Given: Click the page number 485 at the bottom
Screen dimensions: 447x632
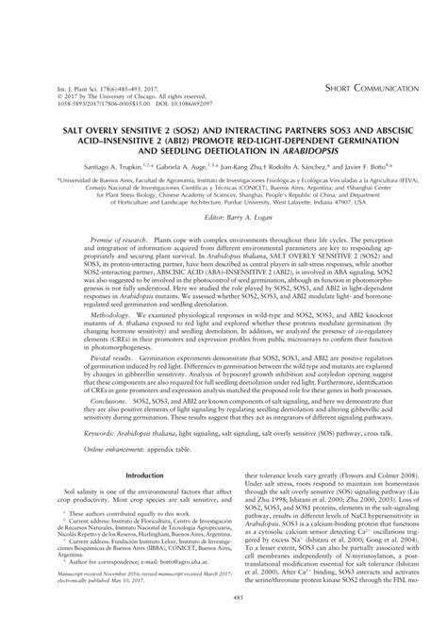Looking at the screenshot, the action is point(223,623).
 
